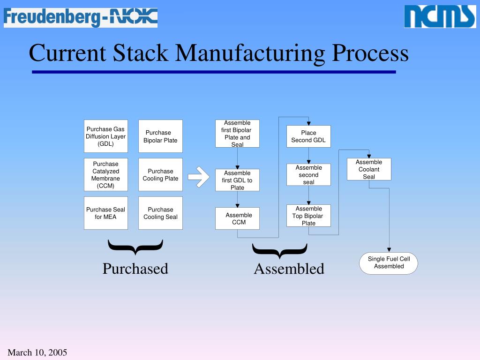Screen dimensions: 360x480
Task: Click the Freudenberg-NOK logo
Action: (80, 17)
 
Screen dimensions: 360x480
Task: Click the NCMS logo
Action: (440, 17)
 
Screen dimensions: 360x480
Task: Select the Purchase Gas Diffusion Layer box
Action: (106, 136)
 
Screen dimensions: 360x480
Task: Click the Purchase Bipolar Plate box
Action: (160, 136)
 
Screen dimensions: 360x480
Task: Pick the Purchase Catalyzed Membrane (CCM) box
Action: (106, 175)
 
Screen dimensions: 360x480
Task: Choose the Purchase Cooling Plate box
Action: (160, 175)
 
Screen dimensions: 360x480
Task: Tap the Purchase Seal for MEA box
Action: (106, 213)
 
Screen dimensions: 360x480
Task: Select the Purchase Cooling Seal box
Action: (160, 213)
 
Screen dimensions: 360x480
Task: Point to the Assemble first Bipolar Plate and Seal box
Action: (237, 134)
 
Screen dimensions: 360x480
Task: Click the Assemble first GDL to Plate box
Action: (237, 180)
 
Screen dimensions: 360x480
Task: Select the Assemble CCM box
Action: (237, 218)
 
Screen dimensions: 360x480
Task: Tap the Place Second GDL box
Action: (308, 136)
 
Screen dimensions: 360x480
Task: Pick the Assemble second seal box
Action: (308, 175)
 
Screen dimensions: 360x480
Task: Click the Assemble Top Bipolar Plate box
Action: (308, 216)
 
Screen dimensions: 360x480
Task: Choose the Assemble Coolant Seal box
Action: (369, 169)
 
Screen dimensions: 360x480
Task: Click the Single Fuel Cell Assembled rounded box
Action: (389, 263)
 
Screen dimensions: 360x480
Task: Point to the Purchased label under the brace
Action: (135, 269)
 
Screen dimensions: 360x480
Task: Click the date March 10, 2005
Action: (37, 352)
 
